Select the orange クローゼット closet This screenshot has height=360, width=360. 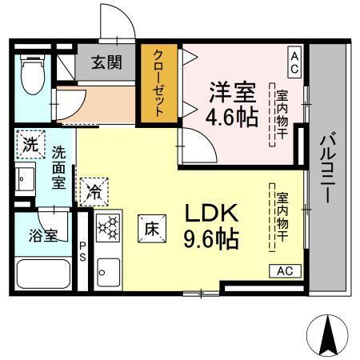pyautogui.click(x=158, y=84)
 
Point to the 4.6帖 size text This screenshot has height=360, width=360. pyautogui.click(x=232, y=117)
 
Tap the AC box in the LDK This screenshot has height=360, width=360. pyautogui.click(x=284, y=270)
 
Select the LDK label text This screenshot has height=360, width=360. pyautogui.click(x=211, y=214)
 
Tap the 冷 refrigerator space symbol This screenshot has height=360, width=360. pyautogui.click(x=94, y=192)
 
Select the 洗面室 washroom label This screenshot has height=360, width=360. pyautogui.click(x=59, y=166)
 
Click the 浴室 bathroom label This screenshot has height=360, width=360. pyautogui.click(x=44, y=235)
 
